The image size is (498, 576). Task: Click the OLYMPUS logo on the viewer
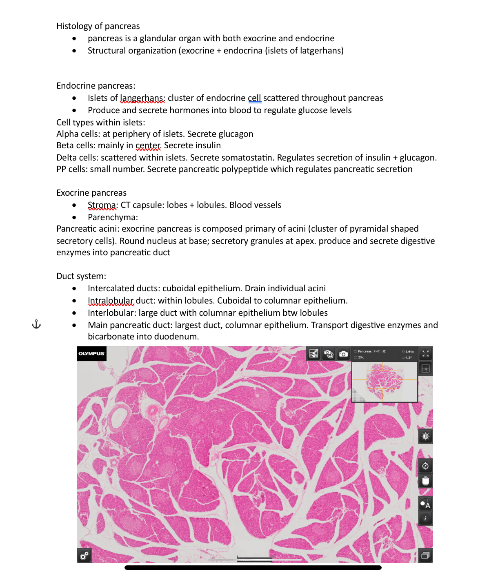(x=91, y=354)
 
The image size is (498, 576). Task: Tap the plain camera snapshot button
(x=343, y=354)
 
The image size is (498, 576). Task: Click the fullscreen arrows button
(x=425, y=354)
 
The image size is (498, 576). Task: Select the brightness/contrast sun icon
(x=425, y=436)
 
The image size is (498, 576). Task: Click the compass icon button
(x=425, y=466)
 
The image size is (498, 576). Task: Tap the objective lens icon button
(x=425, y=481)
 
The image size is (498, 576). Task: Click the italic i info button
(x=425, y=518)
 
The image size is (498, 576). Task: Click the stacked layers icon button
(x=425, y=556)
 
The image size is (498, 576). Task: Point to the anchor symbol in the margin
(x=36, y=325)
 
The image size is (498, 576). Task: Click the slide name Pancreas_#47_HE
(x=371, y=351)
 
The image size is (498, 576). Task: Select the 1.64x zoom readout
(x=409, y=352)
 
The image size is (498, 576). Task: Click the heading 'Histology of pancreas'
(x=98, y=26)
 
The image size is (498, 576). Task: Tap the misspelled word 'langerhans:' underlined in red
(x=142, y=98)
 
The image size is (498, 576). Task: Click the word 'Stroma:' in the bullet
(x=102, y=205)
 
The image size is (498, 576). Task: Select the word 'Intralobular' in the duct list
(x=111, y=301)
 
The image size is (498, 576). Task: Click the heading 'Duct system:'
(x=81, y=276)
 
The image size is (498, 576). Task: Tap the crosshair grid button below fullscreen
(x=425, y=368)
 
